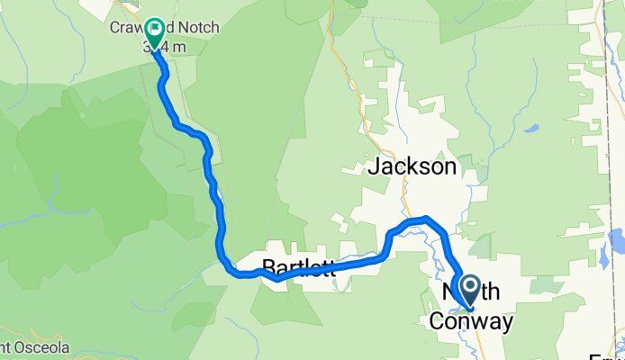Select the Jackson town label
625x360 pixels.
click(412, 166)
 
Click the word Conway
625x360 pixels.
click(471, 322)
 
